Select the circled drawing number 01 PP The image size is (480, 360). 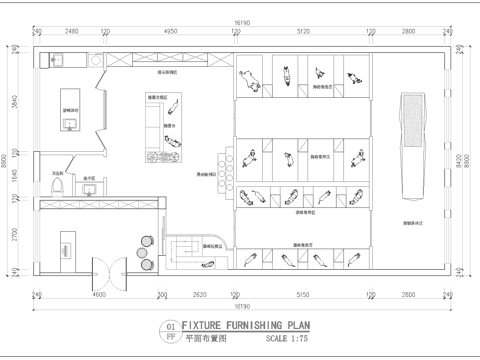click(x=169, y=331)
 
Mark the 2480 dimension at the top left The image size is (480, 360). click(x=72, y=32)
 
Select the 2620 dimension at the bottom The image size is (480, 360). click(x=200, y=297)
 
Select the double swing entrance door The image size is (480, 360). click(x=107, y=268)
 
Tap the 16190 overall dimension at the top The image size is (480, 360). click(x=241, y=20)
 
